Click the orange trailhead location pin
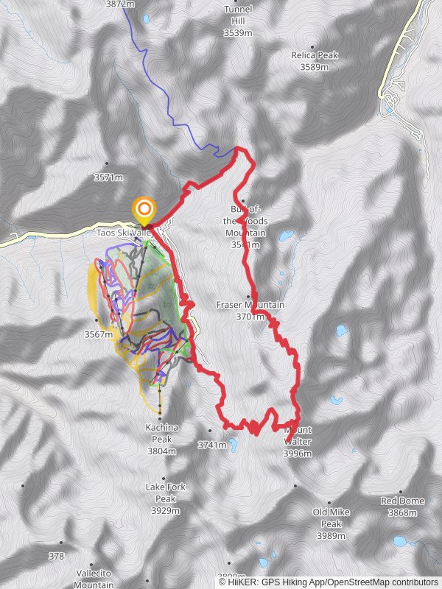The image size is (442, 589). (144, 210)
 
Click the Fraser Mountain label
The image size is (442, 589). (250, 304)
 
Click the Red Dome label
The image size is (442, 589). (402, 501)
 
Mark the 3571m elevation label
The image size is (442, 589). (108, 177)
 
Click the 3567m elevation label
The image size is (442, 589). (98, 334)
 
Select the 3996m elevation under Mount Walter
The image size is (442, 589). (298, 454)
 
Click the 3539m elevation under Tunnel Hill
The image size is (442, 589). (238, 33)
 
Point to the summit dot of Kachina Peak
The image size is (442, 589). (160, 417)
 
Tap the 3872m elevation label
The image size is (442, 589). (120, 4)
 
